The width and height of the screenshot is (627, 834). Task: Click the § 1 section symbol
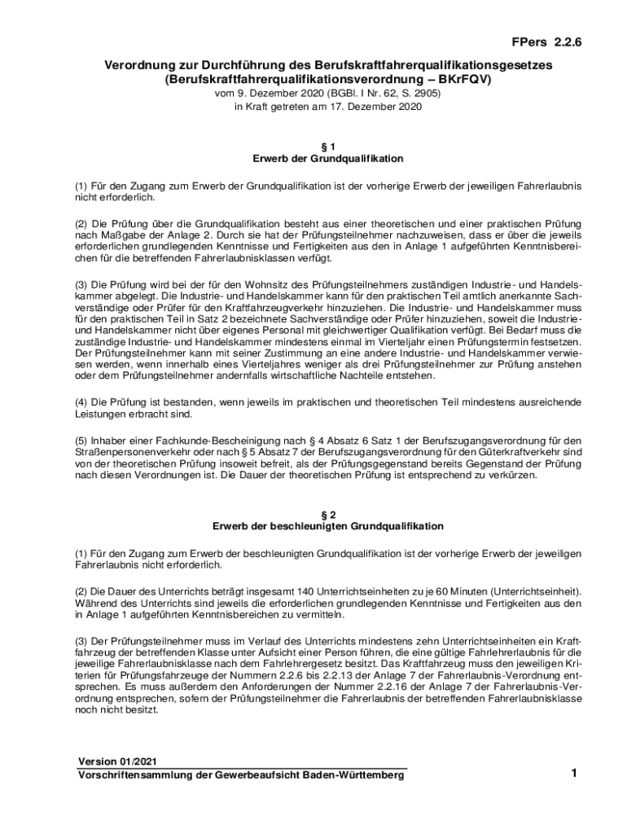[x=329, y=146]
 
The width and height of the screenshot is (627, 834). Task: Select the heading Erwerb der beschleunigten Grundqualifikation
[x=329, y=526]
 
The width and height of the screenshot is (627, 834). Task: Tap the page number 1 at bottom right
[x=573, y=774]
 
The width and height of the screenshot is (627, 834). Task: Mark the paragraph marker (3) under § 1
[x=81, y=284]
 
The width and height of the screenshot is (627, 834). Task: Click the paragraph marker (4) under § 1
[x=81, y=402]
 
